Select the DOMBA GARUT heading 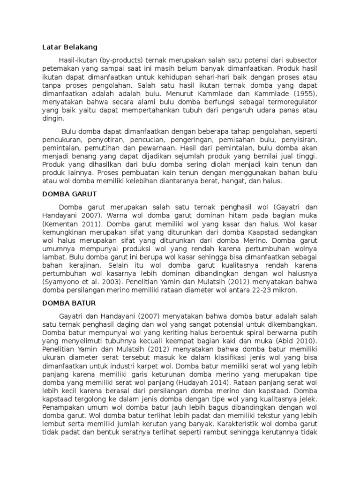(70, 193)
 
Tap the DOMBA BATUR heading (70, 303)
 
